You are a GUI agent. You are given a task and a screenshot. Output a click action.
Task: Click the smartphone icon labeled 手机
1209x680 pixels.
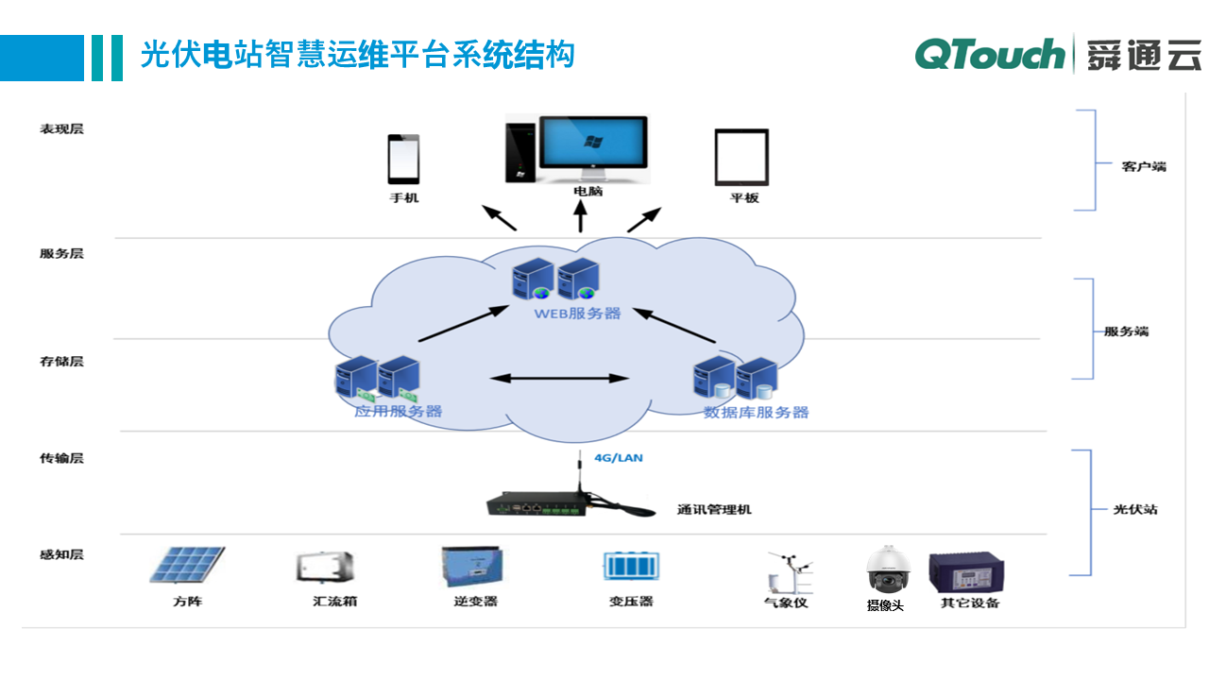pos(403,160)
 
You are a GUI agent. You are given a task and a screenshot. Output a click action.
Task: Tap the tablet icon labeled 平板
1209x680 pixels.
pos(741,158)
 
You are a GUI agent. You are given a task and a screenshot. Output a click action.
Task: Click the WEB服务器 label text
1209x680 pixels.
pos(577,314)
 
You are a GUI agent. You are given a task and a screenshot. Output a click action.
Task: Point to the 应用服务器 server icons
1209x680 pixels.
pos(377,377)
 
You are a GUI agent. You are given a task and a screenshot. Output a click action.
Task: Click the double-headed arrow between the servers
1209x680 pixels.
pos(560,379)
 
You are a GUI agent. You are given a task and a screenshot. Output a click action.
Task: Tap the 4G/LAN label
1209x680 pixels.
pos(618,458)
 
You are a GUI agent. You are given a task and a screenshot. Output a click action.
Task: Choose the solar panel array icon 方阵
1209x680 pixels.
pos(187,566)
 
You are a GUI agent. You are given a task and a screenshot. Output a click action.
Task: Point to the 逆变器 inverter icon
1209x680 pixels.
pos(472,568)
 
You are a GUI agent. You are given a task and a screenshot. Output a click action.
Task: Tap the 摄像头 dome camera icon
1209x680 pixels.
pos(887,569)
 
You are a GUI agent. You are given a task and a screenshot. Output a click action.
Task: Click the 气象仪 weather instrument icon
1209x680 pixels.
pos(787,571)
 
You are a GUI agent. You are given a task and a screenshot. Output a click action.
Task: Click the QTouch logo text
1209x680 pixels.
pos(989,55)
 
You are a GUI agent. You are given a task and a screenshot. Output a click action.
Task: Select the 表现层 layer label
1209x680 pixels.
pos(61,128)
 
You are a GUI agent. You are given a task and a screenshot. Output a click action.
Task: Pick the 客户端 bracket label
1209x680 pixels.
pos(1144,166)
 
